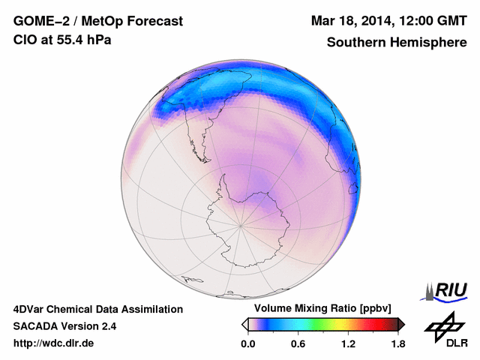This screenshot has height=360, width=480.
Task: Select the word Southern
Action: pos(355,43)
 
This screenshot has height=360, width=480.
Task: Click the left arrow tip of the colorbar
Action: pos(244,324)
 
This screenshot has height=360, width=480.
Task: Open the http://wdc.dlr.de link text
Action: pos(54,343)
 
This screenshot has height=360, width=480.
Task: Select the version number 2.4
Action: pos(108,326)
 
